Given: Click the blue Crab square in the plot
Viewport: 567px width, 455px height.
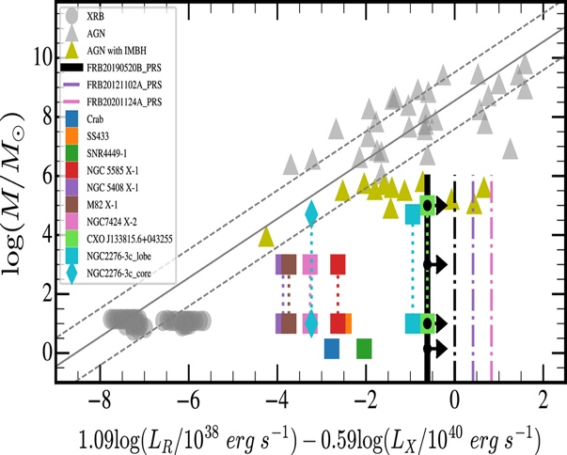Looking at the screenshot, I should tap(331, 349).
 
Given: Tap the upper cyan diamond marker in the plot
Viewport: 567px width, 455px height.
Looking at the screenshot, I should tap(311, 214).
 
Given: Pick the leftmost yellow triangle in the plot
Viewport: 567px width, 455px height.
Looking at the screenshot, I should tap(267, 236).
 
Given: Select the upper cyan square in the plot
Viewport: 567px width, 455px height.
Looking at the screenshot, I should tap(412, 213).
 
